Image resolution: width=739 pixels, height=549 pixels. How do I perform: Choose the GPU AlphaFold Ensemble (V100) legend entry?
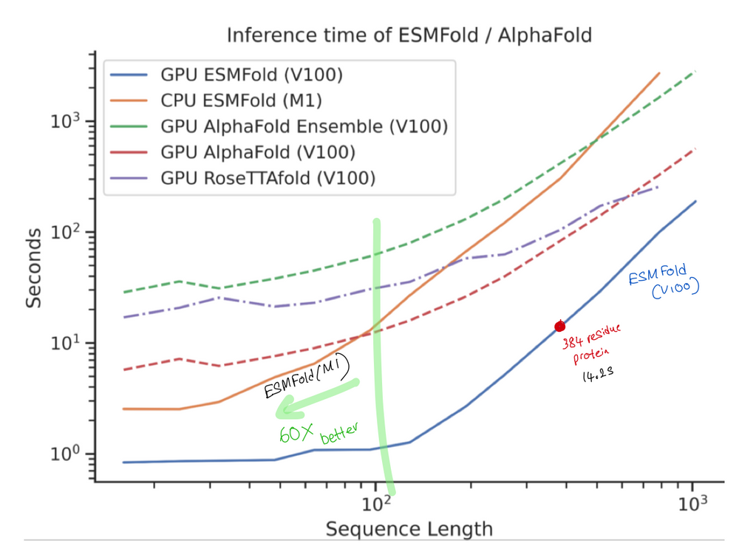304,126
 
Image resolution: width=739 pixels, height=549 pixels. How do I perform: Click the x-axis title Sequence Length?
409,529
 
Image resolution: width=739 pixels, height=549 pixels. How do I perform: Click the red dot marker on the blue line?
559,326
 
